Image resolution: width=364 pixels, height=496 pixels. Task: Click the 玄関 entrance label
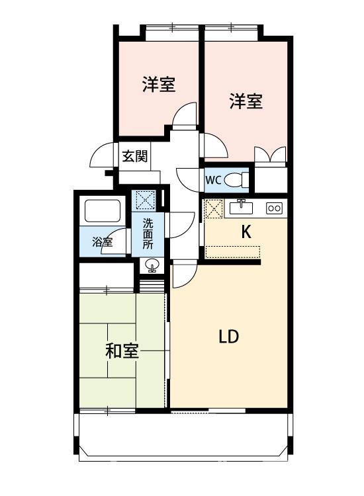(134, 157)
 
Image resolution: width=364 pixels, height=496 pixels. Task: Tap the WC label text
(212, 179)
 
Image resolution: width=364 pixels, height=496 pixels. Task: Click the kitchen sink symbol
(242, 208)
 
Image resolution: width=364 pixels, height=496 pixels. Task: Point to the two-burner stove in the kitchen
(274, 208)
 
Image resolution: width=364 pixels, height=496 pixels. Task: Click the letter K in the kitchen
(246, 232)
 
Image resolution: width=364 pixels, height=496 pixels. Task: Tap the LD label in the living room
(228, 337)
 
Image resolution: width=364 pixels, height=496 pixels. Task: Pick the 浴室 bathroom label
(102, 242)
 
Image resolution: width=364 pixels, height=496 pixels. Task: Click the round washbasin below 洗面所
(152, 267)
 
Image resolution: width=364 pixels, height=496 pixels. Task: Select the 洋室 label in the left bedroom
(159, 85)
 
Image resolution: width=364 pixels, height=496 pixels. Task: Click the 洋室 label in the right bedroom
(246, 101)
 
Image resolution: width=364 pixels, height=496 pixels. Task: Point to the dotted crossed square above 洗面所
(144, 200)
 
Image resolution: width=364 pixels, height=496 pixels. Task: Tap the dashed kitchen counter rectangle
(233, 251)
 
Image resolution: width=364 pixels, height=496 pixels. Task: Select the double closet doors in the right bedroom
(271, 155)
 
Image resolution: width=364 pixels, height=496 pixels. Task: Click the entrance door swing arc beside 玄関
(101, 156)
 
